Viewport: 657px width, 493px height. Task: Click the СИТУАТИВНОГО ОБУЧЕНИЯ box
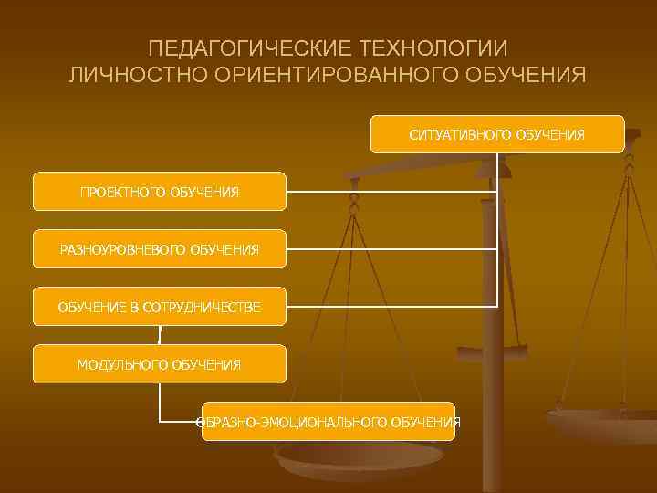(x=497, y=134)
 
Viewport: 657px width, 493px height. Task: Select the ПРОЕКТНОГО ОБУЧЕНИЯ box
(x=159, y=192)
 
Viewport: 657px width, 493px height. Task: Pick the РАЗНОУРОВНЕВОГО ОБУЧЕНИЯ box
(x=159, y=248)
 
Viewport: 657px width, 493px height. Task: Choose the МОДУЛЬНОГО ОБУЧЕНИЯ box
(x=159, y=364)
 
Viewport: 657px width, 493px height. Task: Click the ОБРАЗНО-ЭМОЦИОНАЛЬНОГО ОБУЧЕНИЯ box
(x=328, y=421)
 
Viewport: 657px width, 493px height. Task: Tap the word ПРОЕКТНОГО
(x=116, y=193)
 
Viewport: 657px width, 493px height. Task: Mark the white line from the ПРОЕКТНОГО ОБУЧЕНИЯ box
(x=392, y=192)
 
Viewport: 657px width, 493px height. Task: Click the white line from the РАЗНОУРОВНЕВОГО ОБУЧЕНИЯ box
(x=392, y=248)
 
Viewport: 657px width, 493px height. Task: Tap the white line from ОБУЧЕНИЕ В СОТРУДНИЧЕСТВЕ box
(x=392, y=306)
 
